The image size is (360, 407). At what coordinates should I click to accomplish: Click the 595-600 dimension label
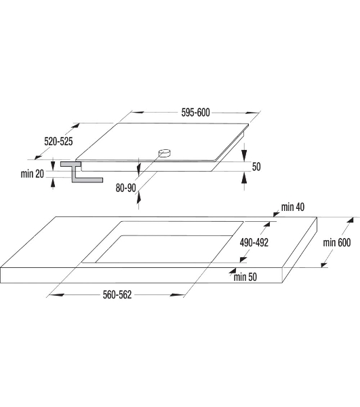195,113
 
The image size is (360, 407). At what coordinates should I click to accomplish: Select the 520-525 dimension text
58,142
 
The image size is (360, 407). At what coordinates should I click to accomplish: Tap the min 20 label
33,174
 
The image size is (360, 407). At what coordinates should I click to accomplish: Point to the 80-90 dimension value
126,188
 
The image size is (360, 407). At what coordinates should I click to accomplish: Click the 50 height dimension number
256,167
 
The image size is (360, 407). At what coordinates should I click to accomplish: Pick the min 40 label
293,207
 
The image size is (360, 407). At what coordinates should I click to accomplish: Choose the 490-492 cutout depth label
254,242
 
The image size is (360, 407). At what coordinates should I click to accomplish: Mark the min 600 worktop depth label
337,242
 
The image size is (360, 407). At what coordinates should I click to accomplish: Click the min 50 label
245,277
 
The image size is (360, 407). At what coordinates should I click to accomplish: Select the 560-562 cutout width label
117,294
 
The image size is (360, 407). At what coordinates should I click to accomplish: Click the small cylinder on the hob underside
165,153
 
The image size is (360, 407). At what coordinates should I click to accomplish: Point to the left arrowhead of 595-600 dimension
138,113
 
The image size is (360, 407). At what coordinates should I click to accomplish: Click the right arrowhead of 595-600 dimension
252,113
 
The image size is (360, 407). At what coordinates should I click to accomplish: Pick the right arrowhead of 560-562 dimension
177,295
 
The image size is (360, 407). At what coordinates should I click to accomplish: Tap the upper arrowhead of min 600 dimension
350,220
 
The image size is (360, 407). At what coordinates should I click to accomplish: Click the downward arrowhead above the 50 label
244,156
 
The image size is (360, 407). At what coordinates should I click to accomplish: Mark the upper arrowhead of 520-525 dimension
75,126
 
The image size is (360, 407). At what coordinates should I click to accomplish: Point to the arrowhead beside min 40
276,214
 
